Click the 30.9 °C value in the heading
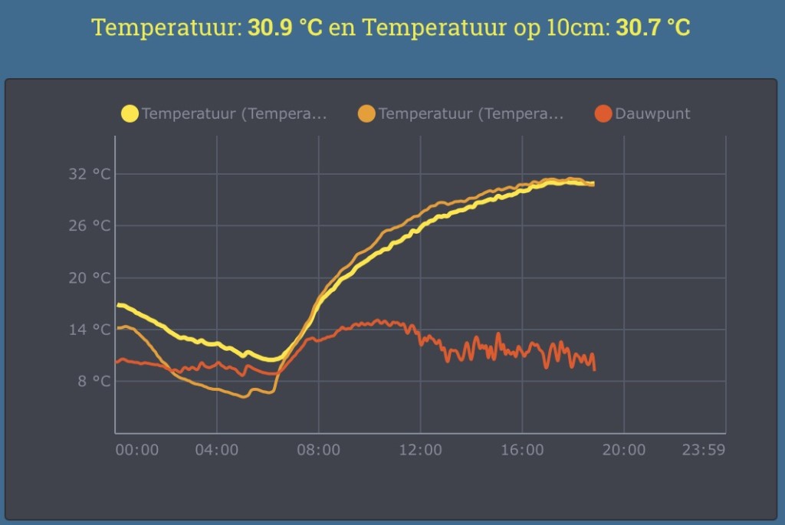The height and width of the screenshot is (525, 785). click(285, 27)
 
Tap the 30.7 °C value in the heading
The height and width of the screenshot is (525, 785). click(653, 27)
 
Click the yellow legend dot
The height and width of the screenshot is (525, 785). click(130, 113)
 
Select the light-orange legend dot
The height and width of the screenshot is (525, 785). click(366, 113)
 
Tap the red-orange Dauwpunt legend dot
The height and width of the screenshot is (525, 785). click(603, 113)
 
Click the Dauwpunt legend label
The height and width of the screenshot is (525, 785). click(652, 114)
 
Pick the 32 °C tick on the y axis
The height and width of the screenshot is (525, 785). click(89, 174)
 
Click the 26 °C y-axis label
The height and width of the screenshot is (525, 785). click(89, 226)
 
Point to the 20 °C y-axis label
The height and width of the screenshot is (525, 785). click(89, 277)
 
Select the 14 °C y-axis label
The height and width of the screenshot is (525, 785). click(89, 330)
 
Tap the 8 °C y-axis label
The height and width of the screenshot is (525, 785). click(94, 382)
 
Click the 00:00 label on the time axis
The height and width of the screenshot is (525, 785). click(137, 450)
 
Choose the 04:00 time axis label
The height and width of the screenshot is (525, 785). click(217, 450)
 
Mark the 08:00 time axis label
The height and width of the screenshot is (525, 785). click(318, 450)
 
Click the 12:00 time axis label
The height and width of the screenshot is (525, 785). click(421, 450)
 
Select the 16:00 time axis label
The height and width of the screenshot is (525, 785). click(522, 450)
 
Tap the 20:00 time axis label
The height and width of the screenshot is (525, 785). click(624, 450)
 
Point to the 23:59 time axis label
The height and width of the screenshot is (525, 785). click(704, 450)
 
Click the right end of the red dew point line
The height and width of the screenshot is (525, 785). click(595, 370)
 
